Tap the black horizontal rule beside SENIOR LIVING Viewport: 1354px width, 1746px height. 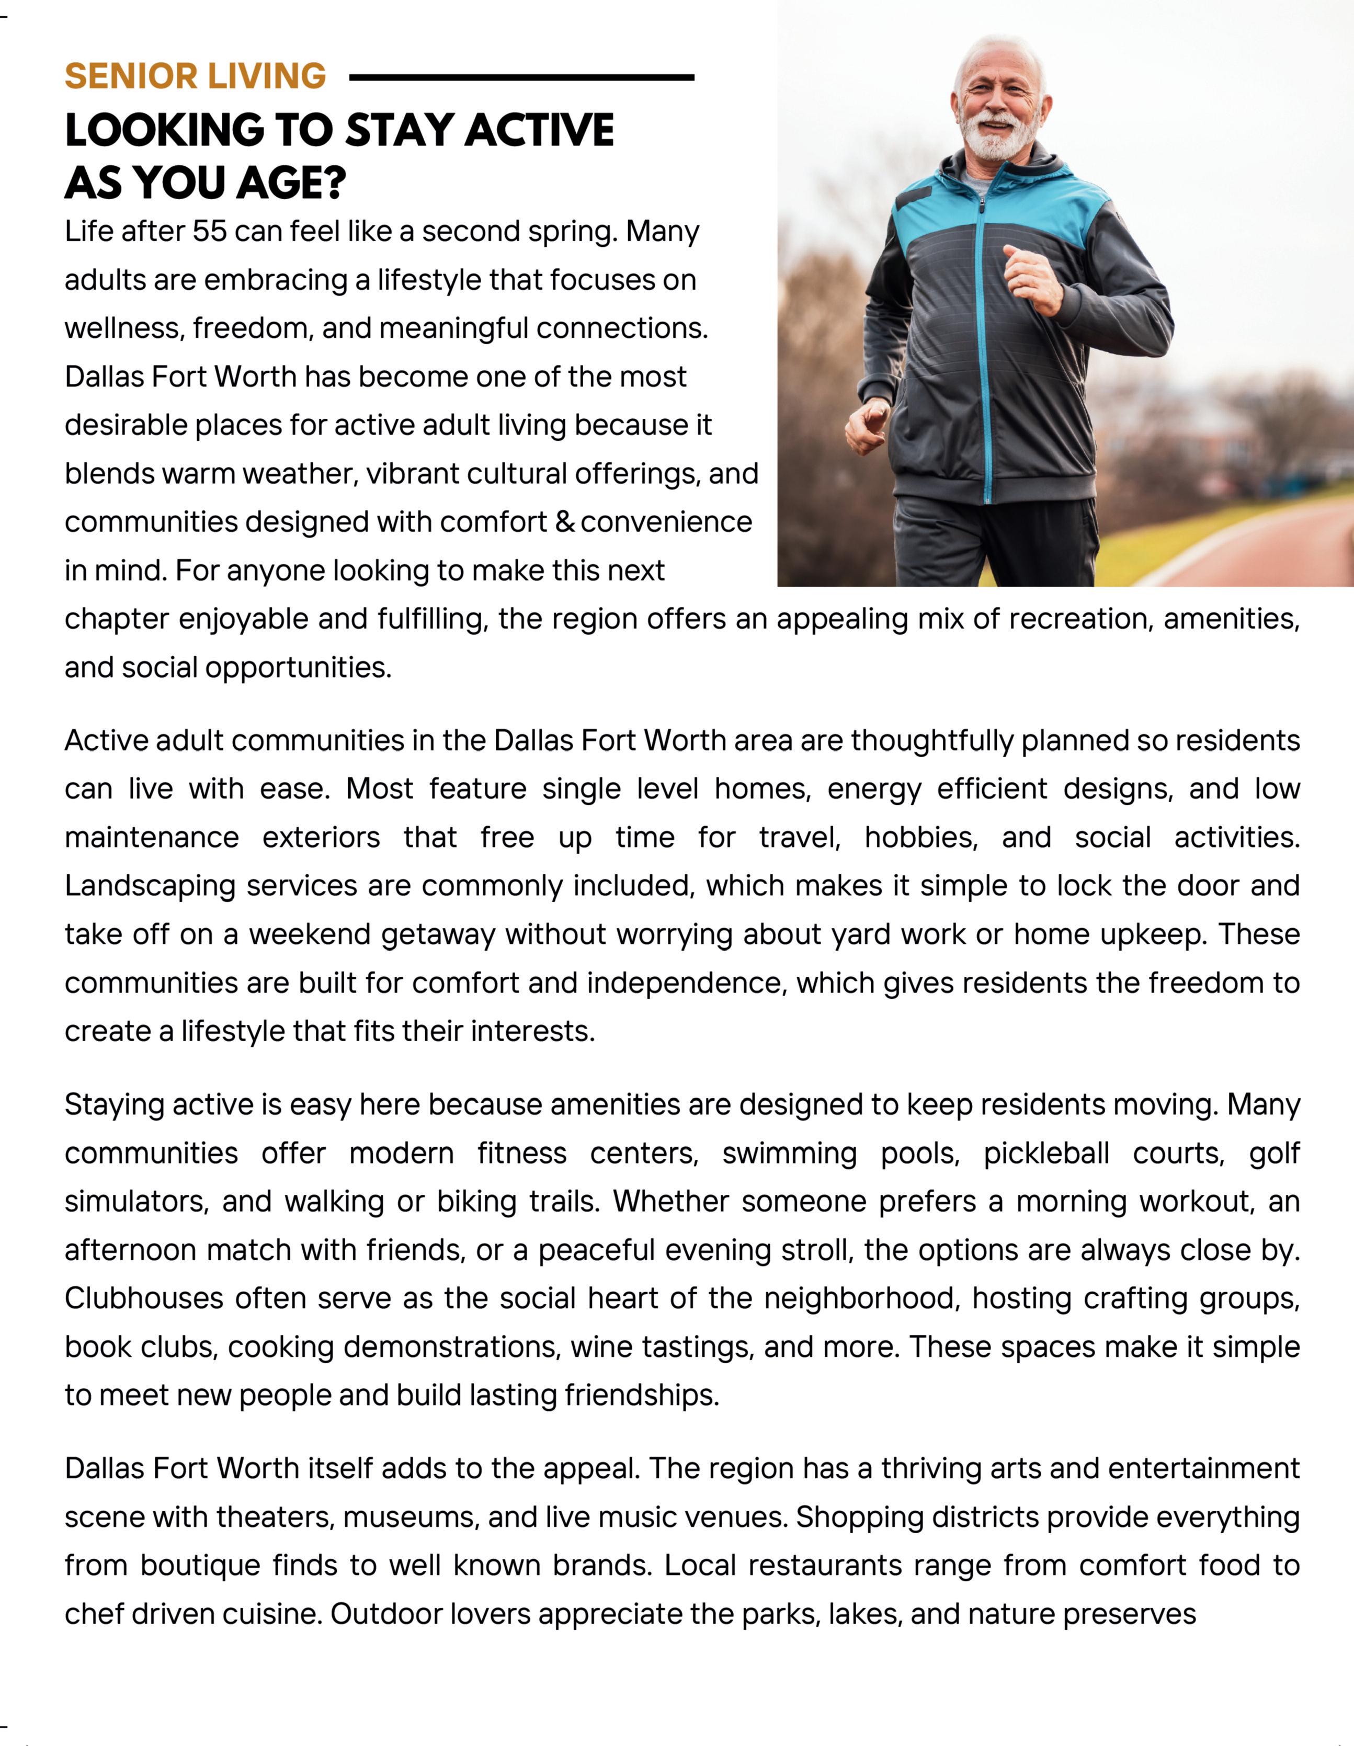[x=521, y=77]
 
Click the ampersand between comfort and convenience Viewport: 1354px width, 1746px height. [x=565, y=522]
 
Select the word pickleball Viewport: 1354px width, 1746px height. [x=1046, y=1154]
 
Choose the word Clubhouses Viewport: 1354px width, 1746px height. [x=144, y=1298]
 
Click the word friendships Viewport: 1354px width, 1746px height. [x=641, y=1395]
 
